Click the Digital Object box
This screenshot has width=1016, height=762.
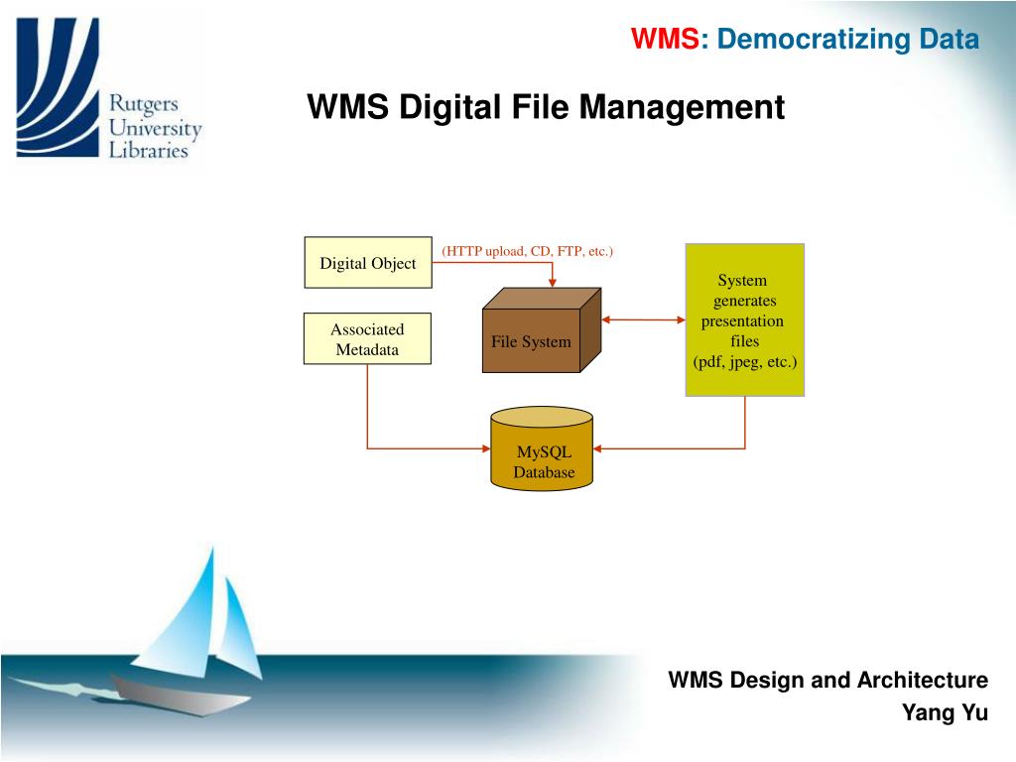point(367,263)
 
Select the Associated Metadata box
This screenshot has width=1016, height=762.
point(367,338)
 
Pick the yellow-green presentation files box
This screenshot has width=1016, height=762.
point(744,319)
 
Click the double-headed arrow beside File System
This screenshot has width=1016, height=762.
point(644,319)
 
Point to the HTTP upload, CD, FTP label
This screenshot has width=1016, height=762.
point(528,251)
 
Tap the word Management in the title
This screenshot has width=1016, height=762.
point(683,106)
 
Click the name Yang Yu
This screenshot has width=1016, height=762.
point(945,712)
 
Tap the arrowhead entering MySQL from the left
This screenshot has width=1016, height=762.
point(484,448)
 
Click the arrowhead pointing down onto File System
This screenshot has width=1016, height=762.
point(554,284)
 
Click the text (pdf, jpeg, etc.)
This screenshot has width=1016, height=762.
point(744,362)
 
